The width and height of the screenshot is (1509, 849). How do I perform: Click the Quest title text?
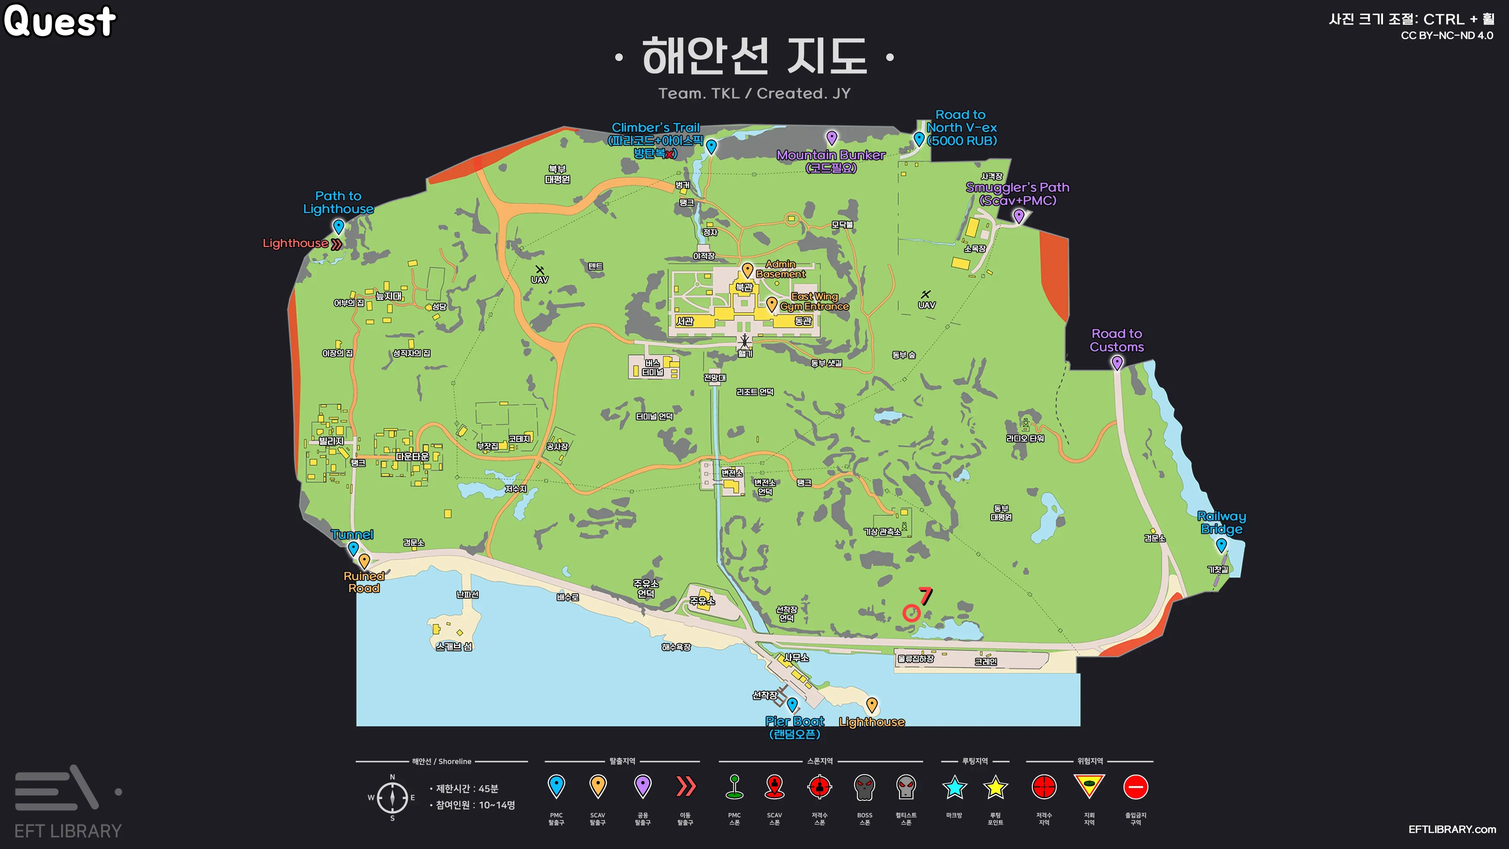[x=60, y=21]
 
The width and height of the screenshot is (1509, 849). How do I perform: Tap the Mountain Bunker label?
[x=831, y=155]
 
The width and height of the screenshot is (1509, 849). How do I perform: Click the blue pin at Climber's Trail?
[x=711, y=146]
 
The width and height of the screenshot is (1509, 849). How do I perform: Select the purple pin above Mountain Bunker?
[x=831, y=138]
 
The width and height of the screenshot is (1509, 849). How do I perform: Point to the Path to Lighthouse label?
[x=338, y=202]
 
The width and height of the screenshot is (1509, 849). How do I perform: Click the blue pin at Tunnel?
[x=353, y=548]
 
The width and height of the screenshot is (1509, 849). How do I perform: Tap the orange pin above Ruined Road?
[x=364, y=561]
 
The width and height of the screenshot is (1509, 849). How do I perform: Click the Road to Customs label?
[x=1117, y=340]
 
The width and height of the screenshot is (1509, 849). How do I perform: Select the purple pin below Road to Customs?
[x=1117, y=363]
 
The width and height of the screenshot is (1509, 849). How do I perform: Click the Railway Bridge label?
[x=1221, y=522]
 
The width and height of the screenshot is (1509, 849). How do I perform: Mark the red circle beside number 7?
[x=911, y=613]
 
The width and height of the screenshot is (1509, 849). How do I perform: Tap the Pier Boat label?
[x=795, y=721]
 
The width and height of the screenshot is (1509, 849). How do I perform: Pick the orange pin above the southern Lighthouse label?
[x=872, y=704]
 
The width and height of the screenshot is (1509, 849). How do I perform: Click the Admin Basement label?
[x=781, y=269]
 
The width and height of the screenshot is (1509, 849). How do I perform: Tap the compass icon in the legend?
[x=392, y=797]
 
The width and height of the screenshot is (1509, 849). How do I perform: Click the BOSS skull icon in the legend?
[x=864, y=787]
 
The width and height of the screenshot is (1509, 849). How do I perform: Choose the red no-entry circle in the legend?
[x=1135, y=787]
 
